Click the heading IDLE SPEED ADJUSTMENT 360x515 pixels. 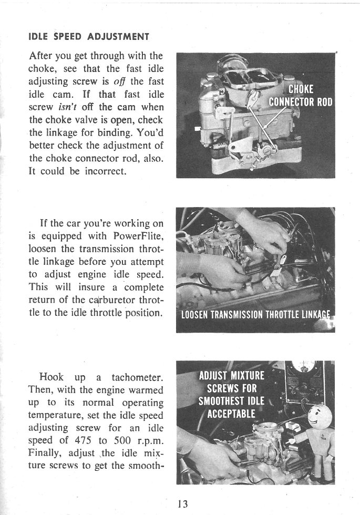(x=88, y=37)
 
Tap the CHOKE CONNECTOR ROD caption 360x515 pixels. (x=300, y=95)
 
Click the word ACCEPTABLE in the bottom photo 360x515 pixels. (x=231, y=413)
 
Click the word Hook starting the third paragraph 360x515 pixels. (x=51, y=377)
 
